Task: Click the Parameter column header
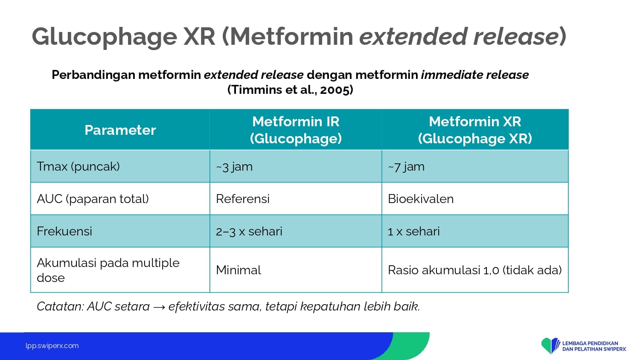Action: point(120,130)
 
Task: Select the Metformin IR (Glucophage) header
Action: point(296,130)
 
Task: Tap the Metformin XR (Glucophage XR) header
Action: point(475,130)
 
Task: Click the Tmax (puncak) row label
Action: point(78,167)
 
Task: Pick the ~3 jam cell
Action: point(234,167)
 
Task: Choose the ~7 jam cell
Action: point(406,167)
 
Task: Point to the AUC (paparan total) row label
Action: point(93,199)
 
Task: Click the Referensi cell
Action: point(243,199)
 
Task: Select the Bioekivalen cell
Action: point(421,199)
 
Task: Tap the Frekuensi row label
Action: point(64,231)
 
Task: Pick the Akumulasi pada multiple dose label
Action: point(108,270)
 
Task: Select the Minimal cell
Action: point(238,270)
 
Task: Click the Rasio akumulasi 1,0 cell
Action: point(474,270)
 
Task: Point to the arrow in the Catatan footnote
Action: point(159,307)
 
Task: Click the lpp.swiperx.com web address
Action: point(52,346)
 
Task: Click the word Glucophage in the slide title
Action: point(104,37)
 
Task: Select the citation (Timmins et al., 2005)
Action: point(290,90)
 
